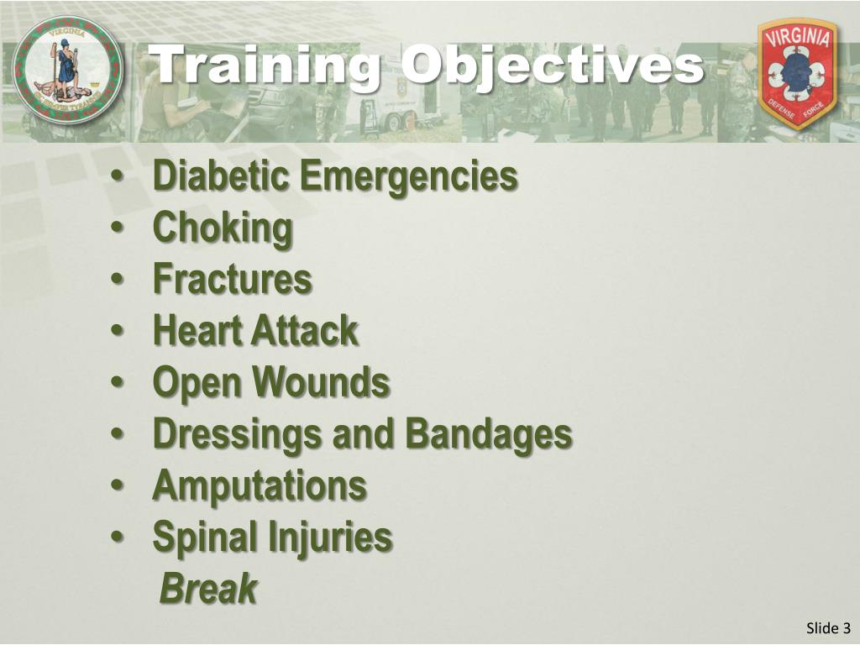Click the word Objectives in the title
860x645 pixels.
click(552, 66)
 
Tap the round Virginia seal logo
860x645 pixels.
click(68, 71)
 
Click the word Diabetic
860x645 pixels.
click(220, 176)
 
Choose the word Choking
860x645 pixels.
click(223, 228)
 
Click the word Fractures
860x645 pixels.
click(232, 280)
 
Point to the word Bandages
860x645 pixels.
click(489, 434)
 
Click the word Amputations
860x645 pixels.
click(260, 485)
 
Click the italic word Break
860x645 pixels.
click(208, 589)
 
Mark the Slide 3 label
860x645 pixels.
click(828, 628)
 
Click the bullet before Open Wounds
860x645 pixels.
click(118, 384)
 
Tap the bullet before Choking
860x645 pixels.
click(118, 229)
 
